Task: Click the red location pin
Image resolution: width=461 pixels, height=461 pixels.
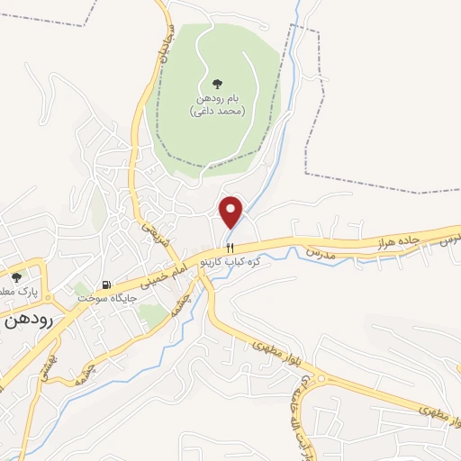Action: tap(232, 211)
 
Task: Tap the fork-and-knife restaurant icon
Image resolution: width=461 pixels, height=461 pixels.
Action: tap(230, 248)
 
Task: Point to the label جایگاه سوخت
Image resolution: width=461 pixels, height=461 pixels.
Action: tap(107, 296)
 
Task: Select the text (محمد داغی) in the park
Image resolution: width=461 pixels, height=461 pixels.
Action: tap(217, 111)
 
